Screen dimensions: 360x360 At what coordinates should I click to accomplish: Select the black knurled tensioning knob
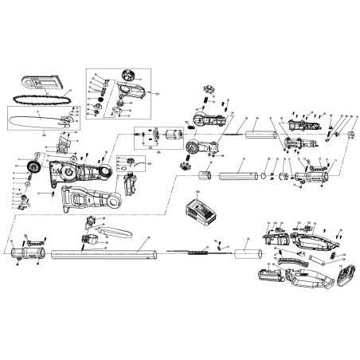click(x=33, y=166)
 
